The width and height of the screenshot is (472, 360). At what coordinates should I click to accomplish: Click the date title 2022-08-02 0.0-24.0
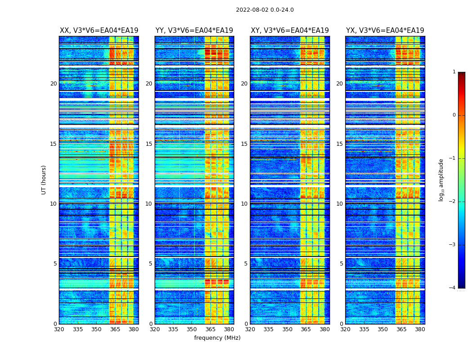[265, 10]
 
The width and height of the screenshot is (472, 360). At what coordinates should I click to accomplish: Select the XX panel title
[99, 31]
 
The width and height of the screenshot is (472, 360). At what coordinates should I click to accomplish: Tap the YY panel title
[194, 31]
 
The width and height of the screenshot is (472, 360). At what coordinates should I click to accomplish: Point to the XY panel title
[289, 31]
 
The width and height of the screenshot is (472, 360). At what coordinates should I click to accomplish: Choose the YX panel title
[385, 31]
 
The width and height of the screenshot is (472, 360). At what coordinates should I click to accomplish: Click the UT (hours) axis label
[44, 180]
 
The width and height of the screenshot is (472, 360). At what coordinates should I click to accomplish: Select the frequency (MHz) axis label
[217, 338]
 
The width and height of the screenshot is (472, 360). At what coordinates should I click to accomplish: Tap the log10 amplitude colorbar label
[441, 180]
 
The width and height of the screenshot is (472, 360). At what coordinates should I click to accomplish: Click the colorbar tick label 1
[454, 72]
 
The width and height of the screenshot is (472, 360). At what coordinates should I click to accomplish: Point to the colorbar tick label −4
[453, 288]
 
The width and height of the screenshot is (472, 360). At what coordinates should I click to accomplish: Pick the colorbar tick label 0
[454, 115]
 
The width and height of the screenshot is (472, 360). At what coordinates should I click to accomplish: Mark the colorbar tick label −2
[453, 202]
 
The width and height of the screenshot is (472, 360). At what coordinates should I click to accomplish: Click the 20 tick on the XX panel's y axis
[53, 84]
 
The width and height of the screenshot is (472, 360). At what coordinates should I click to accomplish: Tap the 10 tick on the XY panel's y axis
[244, 204]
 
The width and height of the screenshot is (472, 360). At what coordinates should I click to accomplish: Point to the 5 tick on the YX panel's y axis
[341, 264]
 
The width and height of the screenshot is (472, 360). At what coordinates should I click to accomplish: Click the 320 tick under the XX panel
[59, 329]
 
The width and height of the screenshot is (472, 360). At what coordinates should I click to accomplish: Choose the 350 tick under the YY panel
[192, 329]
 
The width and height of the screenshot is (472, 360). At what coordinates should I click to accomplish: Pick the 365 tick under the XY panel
[306, 329]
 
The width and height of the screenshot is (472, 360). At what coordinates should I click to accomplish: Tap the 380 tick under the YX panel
[420, 329]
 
